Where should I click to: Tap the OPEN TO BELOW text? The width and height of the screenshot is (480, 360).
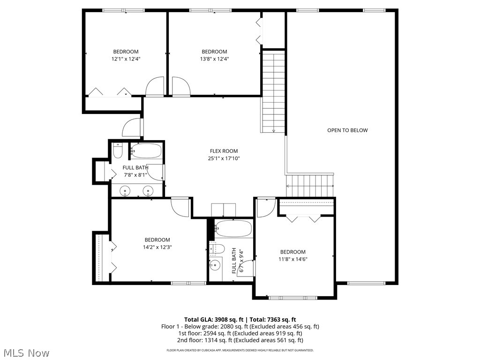pyautogui.click(x=347, y=130)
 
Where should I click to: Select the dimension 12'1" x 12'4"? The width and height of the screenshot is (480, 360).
pyautogui.click(x=126, y=59)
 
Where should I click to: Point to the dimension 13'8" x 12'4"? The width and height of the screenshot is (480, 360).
pyautogui.click(x=214, y=59)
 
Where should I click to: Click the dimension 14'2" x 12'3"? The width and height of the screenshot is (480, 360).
pyautogui.click(x=157, y=247)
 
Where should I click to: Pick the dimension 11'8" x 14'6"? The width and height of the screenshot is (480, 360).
pyautogui.click(x=293, y=259)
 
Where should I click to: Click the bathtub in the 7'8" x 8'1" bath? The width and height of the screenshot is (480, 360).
pyautogui.click(x=146, y=151)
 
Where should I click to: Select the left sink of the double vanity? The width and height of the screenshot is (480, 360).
pyautogui.click(x=125, y=190)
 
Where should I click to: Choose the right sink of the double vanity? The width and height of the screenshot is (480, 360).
pyautogui.click(x=149, y=190)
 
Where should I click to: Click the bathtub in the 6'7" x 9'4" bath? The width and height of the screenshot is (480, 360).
pyautogui.click(x=233, y=229)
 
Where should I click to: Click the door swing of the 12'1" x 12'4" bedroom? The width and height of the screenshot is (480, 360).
pyautogui.click(x=154, y=88)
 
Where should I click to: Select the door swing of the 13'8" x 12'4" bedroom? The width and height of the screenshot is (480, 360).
pyautogui.click(x=180, y=88)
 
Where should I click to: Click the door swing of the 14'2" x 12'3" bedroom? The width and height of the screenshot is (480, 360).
pyautogui.click(x=180, y=206)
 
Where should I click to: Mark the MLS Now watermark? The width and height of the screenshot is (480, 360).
pyautogui.click(x=26, y=352)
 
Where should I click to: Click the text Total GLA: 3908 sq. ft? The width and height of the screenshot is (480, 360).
pyautogui.click(x=212, y=319)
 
